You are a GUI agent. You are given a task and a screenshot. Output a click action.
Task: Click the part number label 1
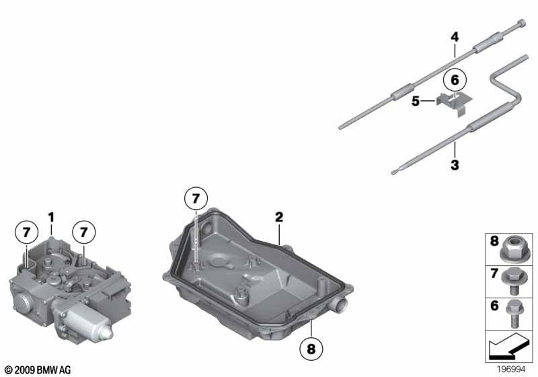tap(51, 217)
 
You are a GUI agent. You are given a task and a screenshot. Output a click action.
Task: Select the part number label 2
tap(279, 217)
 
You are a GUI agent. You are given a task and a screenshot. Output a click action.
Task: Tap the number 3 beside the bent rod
tap(455, 165)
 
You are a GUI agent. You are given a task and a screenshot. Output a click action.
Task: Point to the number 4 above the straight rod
tap(455, 37)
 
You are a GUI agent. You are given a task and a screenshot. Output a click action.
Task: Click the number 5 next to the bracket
tap(416, 101)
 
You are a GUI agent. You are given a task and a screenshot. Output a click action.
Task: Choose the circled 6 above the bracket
tap(455, 80)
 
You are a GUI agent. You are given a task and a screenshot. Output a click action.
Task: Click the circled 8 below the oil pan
tap(311, 349)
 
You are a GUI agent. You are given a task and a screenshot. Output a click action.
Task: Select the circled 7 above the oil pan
tap(196, 199)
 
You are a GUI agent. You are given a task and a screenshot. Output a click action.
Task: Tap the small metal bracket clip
tap(455, 103)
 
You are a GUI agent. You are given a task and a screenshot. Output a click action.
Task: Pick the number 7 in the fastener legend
tap(494, 273)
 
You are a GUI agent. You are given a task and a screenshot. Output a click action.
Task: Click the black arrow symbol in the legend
tap(508, 346)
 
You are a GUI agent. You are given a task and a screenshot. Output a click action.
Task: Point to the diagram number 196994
tap(511, 369)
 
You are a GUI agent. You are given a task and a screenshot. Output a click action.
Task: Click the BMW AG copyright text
tap(38, 370)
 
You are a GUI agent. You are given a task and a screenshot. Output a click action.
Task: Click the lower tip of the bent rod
tap(393, 172)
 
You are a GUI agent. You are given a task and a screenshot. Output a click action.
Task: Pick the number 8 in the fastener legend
tap(494, 241)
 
